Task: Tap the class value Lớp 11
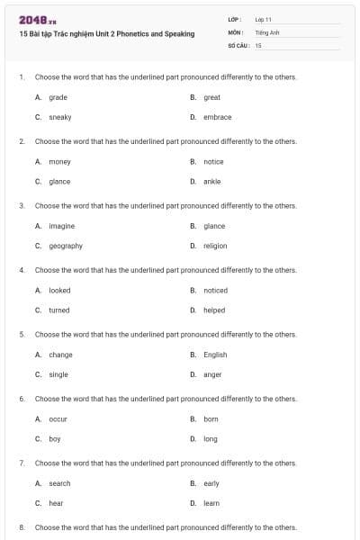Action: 265,19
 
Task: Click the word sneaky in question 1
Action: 60,117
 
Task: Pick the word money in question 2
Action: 59,161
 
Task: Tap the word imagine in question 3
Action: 61,226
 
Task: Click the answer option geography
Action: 66,246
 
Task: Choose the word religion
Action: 215,246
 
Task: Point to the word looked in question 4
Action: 59,290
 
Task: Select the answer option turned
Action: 58,310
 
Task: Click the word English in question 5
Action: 215,355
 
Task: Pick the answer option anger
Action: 212,374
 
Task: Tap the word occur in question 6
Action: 58,418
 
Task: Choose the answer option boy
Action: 55,438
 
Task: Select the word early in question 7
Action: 211,483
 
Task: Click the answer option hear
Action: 56,503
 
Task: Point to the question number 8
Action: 22,527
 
